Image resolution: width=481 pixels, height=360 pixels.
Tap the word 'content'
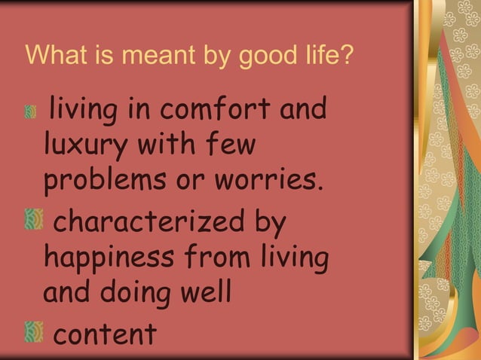click(x=105, y=331)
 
